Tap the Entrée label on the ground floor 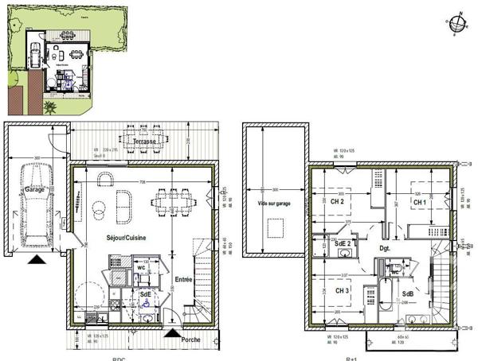(184, 281)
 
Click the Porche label (190, 340)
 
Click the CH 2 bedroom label (337, 202)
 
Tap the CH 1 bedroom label (419, 202)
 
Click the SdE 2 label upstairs (343, 243)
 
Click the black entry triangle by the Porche (170, 332)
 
